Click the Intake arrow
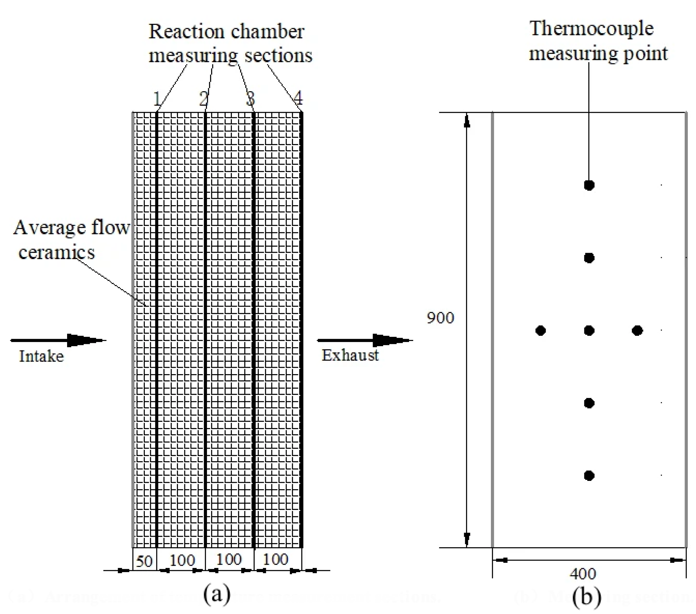coord(58,340)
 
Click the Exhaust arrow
coord(364,340)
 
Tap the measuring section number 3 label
coord(251,99)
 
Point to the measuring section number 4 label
coord(298,98)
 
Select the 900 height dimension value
coord(440,318)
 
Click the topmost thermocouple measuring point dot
coord(589,185)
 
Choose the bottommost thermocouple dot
coord(589,476)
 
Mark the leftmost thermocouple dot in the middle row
coord(541,331)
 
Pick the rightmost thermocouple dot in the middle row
coord(637,331)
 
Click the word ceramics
coord(56,253)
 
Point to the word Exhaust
coord(350,355)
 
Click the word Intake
coord(41,357)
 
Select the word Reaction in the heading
coord(187,32)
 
